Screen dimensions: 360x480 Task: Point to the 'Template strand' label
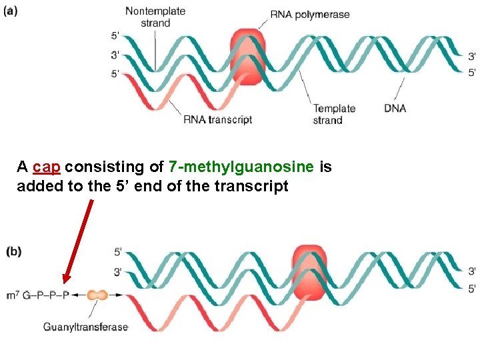pos(334,114)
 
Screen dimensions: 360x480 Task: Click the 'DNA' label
pos(395,108)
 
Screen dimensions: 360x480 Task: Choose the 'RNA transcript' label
pos(217,120)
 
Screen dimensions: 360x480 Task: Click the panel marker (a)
pos(14,11)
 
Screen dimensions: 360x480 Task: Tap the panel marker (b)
pos(14,252)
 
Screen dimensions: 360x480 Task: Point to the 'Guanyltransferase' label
pos(86,327)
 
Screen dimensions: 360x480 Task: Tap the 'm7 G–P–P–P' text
pos(37,294)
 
